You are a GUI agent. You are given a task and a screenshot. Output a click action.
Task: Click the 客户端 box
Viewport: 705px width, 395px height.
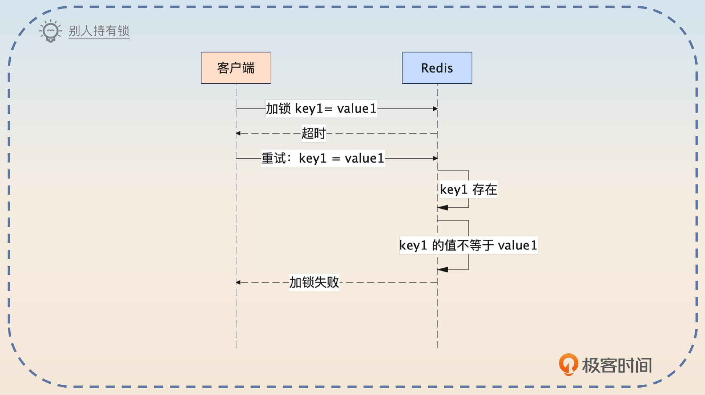(x=236, y=68)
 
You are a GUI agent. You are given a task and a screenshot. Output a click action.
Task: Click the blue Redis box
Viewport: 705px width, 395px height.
(x=437, y=68)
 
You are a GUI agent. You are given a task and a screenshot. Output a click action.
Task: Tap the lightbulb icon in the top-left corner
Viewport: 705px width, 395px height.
(x=50, y=31)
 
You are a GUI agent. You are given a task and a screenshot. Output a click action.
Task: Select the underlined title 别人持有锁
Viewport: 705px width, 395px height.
(x=99, y=31)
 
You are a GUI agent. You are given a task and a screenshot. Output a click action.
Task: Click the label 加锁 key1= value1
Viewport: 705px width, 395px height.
(x=321, y=109)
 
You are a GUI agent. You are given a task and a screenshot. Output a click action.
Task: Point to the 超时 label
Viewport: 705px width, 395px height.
(x=313, y=133)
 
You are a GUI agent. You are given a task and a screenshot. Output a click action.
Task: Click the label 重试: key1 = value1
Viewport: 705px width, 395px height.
(x=323, y=158)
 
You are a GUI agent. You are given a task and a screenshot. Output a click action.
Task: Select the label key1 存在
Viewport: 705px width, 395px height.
(x=468, y=190)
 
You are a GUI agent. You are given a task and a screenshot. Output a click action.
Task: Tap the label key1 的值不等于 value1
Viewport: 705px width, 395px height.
(x=468, y=245)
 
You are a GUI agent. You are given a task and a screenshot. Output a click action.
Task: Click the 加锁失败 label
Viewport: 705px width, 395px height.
(x=314, y=282)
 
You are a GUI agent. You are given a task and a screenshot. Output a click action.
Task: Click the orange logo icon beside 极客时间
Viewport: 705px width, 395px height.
(x=568, y=364)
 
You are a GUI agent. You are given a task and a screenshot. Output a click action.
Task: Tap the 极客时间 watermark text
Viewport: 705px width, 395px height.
(x=617, y=365)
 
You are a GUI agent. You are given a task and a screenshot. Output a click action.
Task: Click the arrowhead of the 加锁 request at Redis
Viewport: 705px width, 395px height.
(x=435, y=109)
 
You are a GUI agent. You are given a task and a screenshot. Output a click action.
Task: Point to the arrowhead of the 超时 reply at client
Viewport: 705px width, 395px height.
(x=238, y=134)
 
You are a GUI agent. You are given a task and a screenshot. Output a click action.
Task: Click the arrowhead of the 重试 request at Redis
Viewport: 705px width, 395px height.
(x=435, y=158)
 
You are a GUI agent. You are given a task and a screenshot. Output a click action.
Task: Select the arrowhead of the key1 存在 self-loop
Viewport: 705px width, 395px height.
(x=442, y=208)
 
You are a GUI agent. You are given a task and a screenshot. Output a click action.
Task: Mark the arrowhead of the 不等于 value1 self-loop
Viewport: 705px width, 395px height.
(x=442, y=270)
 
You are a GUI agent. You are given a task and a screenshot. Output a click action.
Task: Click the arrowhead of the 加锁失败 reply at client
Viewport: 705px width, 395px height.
(x=238, y=282)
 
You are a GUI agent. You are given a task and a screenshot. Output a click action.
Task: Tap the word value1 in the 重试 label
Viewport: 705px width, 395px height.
(x=364, y=158)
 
